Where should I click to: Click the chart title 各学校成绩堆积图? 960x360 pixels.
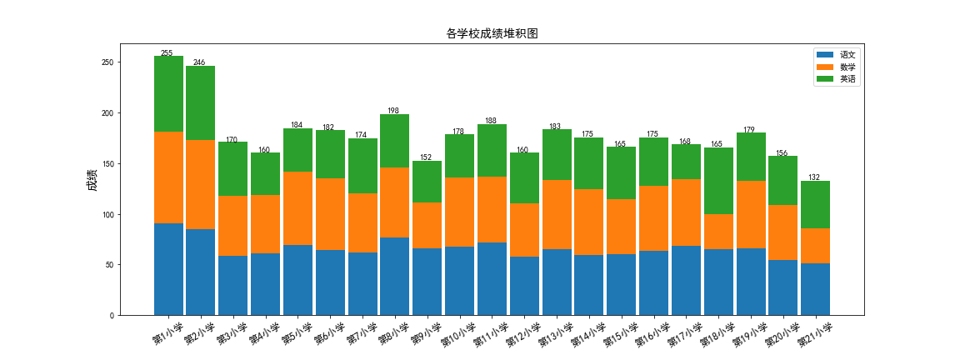coord(492,34)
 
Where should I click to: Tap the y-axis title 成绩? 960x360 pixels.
coord(92,180)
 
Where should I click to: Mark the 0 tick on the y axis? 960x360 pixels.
coord(112,316)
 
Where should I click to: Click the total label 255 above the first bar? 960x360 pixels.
coord(167,53)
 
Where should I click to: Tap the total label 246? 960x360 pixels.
coord(199,62)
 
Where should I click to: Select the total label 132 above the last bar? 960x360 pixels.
coord(814,177)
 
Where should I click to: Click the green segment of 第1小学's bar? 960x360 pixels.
coord(168,93)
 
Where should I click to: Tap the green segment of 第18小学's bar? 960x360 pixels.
coord(718,181)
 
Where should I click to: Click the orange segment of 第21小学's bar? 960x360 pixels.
coord(815,246)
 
